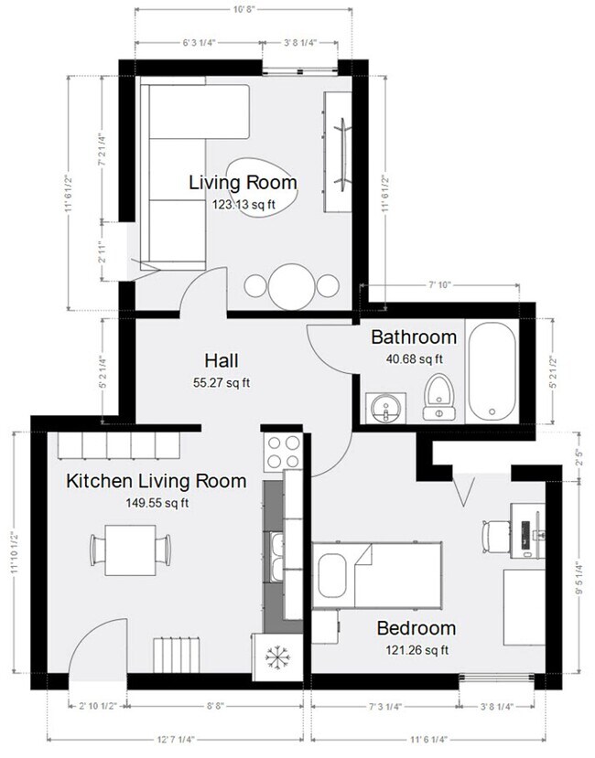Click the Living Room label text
tap(243, 182)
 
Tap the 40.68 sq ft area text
tap(413, 358)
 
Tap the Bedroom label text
tap(416, 628)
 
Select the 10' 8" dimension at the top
tap(243, 11)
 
